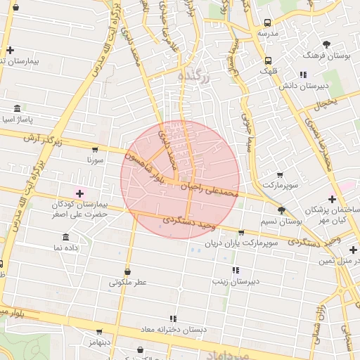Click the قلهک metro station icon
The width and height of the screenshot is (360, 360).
click(268, 60)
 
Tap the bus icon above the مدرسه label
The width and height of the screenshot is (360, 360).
click(268, 22)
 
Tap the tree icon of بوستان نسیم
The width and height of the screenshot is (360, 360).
click(281, 210)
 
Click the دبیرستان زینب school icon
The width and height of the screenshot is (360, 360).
click(235, 270)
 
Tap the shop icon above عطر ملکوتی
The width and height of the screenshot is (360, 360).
click(127, 271)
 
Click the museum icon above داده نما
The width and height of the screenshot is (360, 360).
click(66, 236)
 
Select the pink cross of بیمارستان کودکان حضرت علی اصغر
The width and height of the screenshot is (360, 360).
click(79, 193)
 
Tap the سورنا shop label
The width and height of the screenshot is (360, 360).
click(94, 160)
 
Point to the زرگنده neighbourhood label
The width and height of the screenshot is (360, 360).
click(193, 75)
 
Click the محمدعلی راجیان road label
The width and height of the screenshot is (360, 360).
click(211, 188)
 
